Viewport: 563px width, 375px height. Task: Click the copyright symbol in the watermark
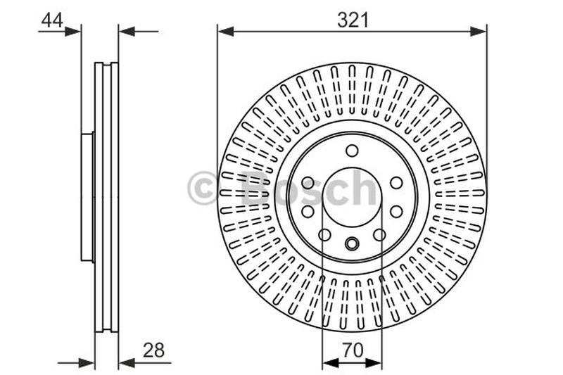203,189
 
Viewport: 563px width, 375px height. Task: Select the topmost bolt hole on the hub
352,150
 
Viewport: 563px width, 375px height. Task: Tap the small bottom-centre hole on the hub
352,244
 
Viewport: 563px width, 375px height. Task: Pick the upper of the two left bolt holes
308,183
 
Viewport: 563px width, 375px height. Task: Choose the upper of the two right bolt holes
396,183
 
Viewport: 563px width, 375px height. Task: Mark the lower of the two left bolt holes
308,211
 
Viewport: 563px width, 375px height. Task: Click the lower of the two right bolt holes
396,211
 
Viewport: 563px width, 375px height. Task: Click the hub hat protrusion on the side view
87,197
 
